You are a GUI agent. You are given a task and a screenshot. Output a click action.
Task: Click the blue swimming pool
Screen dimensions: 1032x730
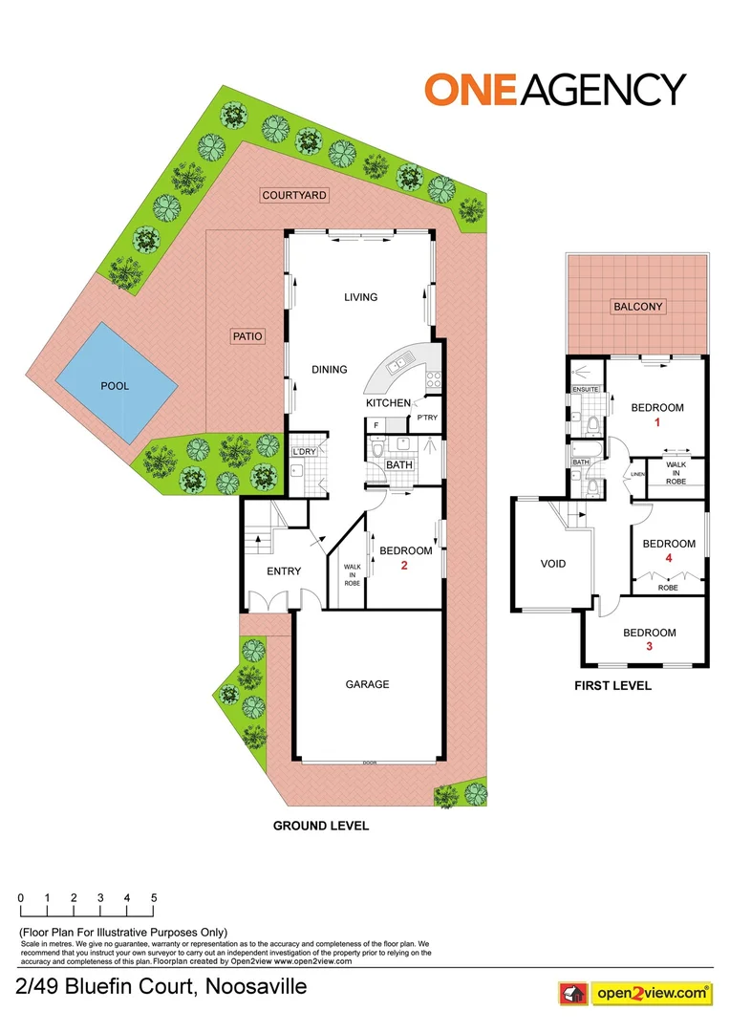116,385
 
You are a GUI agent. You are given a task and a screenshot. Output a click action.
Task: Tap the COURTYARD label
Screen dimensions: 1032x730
294,195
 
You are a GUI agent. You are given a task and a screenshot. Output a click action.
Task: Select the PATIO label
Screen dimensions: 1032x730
247,336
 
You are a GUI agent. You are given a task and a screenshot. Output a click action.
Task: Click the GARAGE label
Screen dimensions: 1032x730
368,684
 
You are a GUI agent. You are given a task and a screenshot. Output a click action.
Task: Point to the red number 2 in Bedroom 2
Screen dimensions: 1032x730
405,566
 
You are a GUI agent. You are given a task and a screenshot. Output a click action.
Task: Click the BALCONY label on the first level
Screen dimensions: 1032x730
638,307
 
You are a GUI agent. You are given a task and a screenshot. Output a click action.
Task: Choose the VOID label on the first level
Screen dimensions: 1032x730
553,564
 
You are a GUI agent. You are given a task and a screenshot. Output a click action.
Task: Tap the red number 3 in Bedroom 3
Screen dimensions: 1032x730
650,647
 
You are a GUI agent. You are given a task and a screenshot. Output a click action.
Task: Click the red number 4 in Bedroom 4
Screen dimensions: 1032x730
669,558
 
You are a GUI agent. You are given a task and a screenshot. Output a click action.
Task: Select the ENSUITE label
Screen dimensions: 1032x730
586,390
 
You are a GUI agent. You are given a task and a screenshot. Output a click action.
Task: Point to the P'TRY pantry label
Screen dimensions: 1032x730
426,418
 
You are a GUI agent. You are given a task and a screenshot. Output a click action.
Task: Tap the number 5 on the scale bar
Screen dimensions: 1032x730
154,898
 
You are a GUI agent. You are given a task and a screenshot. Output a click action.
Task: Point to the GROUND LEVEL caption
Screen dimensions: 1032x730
321,826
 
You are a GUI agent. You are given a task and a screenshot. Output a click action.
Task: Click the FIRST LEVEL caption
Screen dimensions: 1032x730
612,685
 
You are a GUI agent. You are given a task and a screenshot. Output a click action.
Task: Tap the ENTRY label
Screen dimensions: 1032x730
284,571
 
